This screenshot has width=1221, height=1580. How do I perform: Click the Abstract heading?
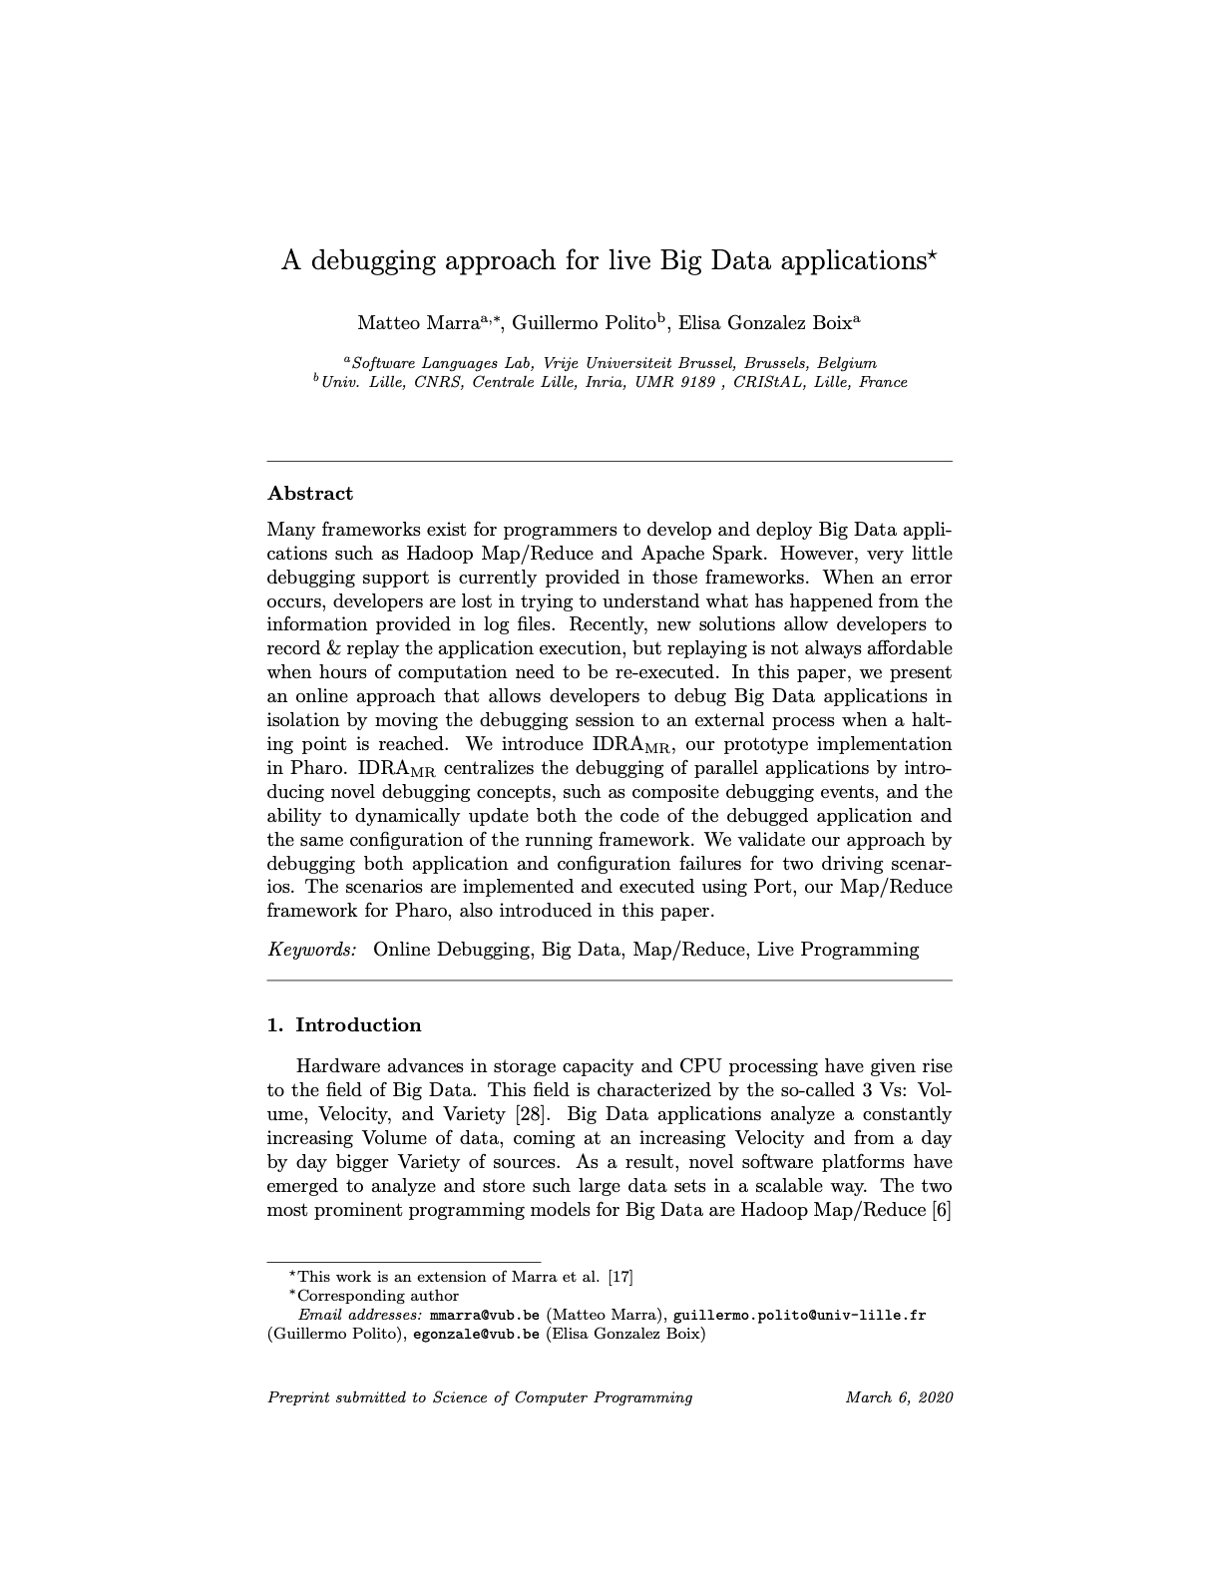(310, 494)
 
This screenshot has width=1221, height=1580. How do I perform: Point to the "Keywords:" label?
(312, 950)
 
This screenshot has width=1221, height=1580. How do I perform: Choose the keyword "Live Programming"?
(838, 950)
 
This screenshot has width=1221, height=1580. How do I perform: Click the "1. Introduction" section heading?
(344, 1025)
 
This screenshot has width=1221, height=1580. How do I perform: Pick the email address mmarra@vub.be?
(484, 1315)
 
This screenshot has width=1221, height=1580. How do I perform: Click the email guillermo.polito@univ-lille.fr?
(800, 1315)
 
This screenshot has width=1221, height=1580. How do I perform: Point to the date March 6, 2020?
(899, 1397)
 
